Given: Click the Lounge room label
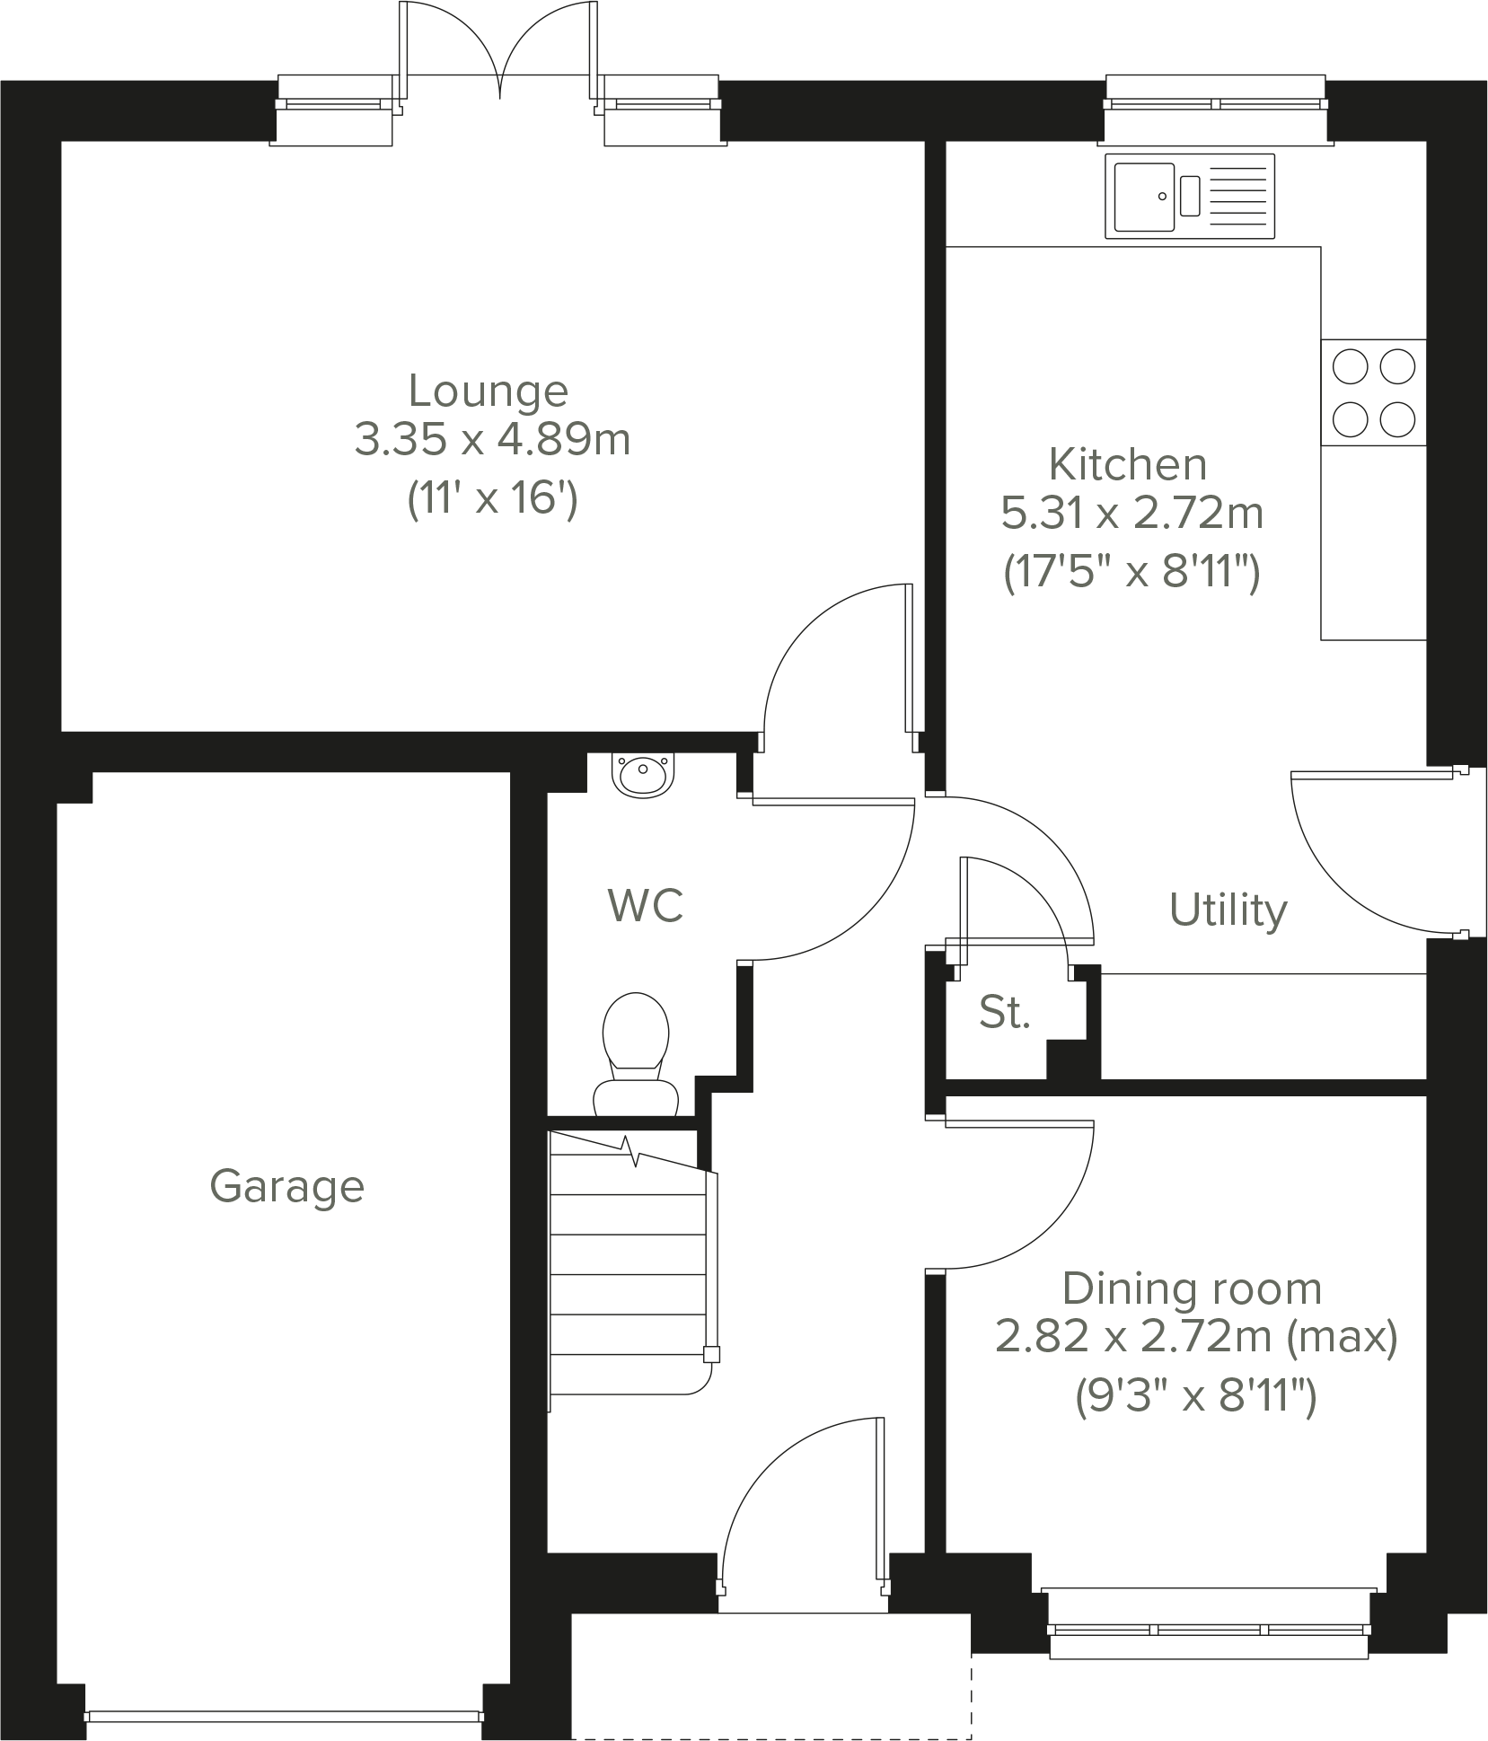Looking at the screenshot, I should coord(488,391).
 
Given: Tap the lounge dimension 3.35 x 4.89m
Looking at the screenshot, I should coord(492,440).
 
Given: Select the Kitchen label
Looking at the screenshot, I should coord(1127,464).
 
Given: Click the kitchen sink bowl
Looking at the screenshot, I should coord(1145,196).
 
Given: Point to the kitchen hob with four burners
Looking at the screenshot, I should coord(1373,392).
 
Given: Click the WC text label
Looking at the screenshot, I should coord(645,905).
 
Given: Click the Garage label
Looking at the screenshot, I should coord(286,1186).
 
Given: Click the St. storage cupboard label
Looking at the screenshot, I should coord(1004,1013).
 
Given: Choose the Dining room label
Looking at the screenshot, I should coord(1192,1289).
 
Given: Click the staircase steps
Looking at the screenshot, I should coord(629,1275).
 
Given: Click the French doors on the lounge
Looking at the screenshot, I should coord(499,54).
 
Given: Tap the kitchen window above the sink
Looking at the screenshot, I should coord(1214,104).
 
